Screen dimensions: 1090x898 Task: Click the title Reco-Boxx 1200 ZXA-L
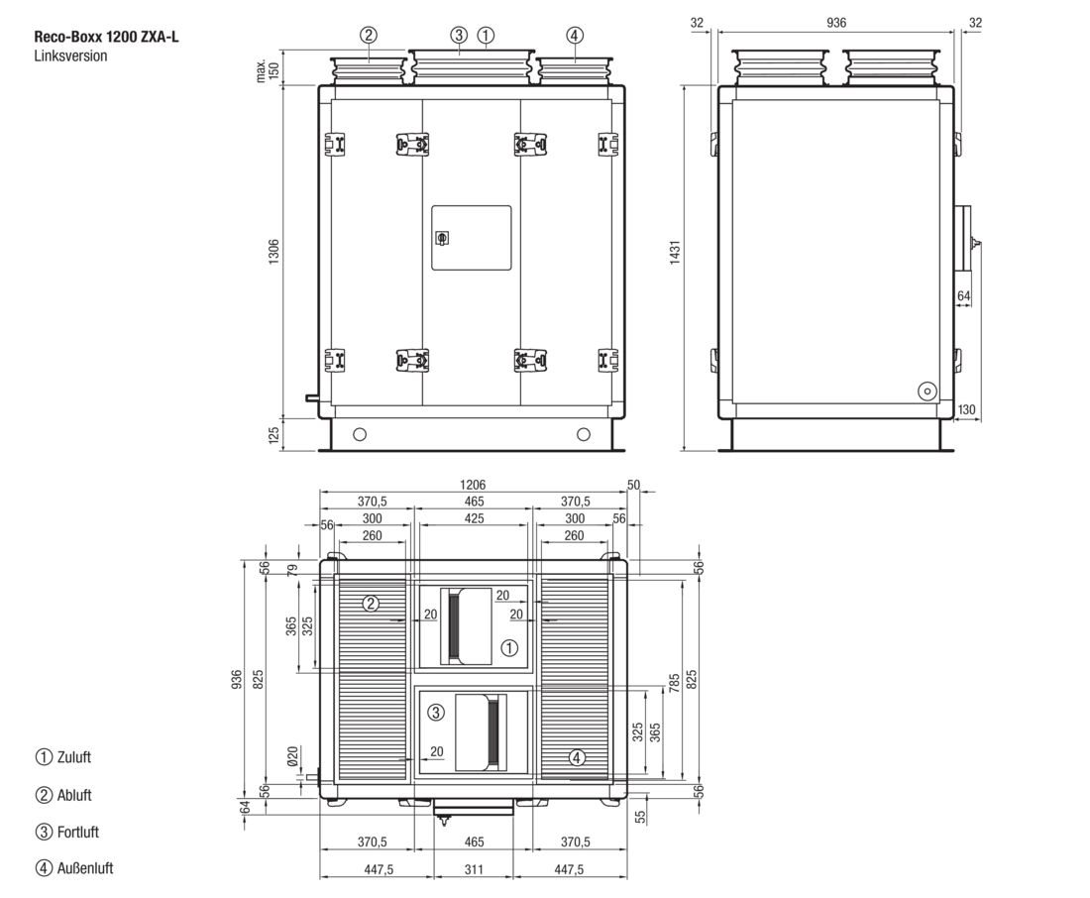point(106,37)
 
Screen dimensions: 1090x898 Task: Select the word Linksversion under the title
point(71,56)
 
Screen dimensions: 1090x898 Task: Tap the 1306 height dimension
point(273,251)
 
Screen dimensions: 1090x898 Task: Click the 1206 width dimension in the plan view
point(473,485)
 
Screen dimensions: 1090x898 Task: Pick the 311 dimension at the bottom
point(474,869)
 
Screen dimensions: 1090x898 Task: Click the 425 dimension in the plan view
point(474,518)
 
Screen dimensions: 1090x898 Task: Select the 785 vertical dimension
point(674,682)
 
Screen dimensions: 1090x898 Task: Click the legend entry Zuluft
point(73,757)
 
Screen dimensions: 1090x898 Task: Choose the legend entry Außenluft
point(85,868)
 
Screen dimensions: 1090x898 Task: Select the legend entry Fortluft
point(78,832)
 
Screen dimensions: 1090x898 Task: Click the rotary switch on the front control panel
point(441,239)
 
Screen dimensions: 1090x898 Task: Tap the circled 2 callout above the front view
point(369,35)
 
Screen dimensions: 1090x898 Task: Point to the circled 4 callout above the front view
point(574,35)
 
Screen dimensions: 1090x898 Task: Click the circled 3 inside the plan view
point(436,713)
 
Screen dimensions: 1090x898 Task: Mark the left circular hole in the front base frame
point(360,435)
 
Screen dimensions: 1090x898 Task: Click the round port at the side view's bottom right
point(927,392)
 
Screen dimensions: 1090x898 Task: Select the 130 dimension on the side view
point(966,409)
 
